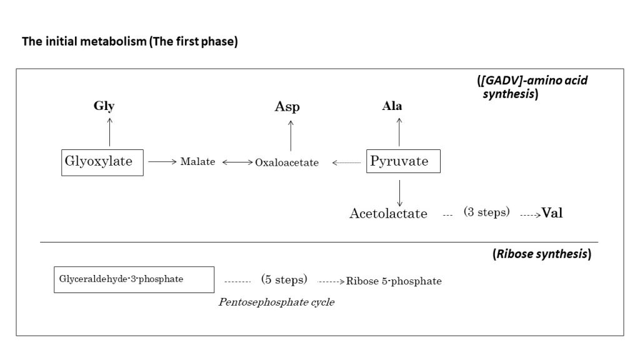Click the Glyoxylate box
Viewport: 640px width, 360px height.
point(102,162)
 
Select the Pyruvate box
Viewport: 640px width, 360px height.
point(403,161)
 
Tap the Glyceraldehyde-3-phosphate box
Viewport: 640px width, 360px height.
point(134,279)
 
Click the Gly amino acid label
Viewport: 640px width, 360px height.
point(104,106)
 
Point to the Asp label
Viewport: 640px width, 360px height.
point(287,107)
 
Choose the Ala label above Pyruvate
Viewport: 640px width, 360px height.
point(392,106)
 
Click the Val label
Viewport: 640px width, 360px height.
point(552,213)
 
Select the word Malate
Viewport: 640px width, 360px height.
point(197,162)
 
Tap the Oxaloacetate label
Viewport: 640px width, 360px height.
point(287,162)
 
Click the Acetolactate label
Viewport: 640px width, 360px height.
point(388,214)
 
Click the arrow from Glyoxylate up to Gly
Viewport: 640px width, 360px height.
point(110,131)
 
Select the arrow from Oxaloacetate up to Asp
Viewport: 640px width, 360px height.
point(291,133)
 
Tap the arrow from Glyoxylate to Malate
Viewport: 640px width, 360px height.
point(162,162)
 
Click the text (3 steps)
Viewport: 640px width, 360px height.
point(486,212)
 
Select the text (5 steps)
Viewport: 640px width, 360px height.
point(284,279)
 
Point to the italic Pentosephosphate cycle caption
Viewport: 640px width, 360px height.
point(276,302)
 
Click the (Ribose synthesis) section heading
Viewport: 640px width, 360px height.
point(541,254)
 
